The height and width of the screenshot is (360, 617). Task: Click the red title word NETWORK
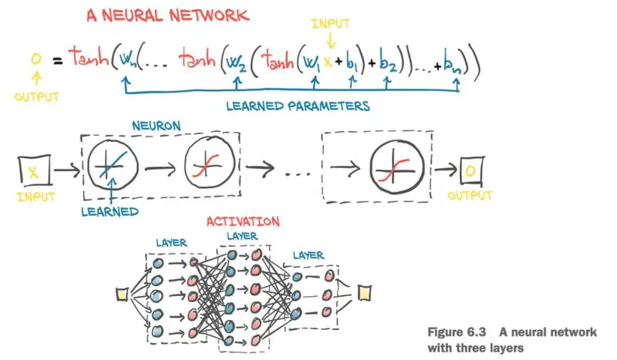(x=209, y=15)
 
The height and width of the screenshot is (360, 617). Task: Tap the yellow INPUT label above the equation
(x=330, y=24)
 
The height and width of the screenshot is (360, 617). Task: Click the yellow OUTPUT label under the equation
(x=36, y=97)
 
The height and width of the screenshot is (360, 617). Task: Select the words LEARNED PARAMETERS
(x=298, y=106)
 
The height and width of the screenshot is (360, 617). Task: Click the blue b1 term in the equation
(x=352, y=62)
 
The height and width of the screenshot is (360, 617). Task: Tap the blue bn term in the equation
(x=453, y=62)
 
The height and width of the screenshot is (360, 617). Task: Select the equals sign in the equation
(x=58, y=61)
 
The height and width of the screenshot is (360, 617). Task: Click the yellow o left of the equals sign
(x=35, y=59)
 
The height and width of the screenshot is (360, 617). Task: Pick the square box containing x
(x=35, y=170)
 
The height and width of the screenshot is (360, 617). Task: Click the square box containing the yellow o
(x=472, y=171)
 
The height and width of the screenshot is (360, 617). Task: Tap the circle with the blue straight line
(x=113, y=165)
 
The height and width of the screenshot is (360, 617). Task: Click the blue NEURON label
(x=157, y=126)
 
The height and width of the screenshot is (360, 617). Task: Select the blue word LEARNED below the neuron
(x=110, y=212)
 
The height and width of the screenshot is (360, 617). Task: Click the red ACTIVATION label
(x=243, y=221)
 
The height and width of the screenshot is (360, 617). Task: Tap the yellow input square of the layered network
(x=122, y=294)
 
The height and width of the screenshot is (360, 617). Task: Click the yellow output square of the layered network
(x=364, y=293)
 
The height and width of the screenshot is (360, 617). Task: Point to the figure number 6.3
(x=477, y=332)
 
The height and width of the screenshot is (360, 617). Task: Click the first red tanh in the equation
(x=89, y=57)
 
